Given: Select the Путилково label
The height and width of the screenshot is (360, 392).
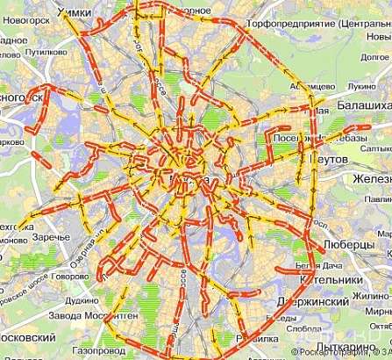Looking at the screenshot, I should (x=46, y=52).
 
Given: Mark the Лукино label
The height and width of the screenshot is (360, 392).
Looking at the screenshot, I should (x=360, y=87).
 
